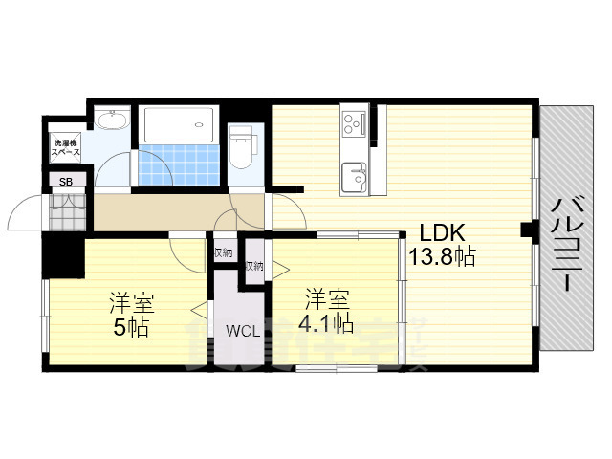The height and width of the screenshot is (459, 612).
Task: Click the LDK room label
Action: (439, 231)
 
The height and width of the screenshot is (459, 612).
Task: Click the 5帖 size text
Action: (131, 329)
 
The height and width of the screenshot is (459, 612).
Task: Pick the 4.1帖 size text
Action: (327, 322)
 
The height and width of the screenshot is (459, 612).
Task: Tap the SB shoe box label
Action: (66, 181)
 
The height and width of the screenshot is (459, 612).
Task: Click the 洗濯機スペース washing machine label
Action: (66, 147)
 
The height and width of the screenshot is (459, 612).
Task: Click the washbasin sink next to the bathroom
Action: (113, 120)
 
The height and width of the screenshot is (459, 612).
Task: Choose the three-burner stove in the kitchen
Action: (353, 124)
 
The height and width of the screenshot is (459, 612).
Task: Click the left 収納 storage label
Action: (223, 252)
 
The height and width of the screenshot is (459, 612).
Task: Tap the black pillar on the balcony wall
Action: (527, 229)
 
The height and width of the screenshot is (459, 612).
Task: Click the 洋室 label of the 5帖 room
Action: (131, 304)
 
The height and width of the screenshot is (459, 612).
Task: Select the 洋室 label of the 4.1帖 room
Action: (327, 298)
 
